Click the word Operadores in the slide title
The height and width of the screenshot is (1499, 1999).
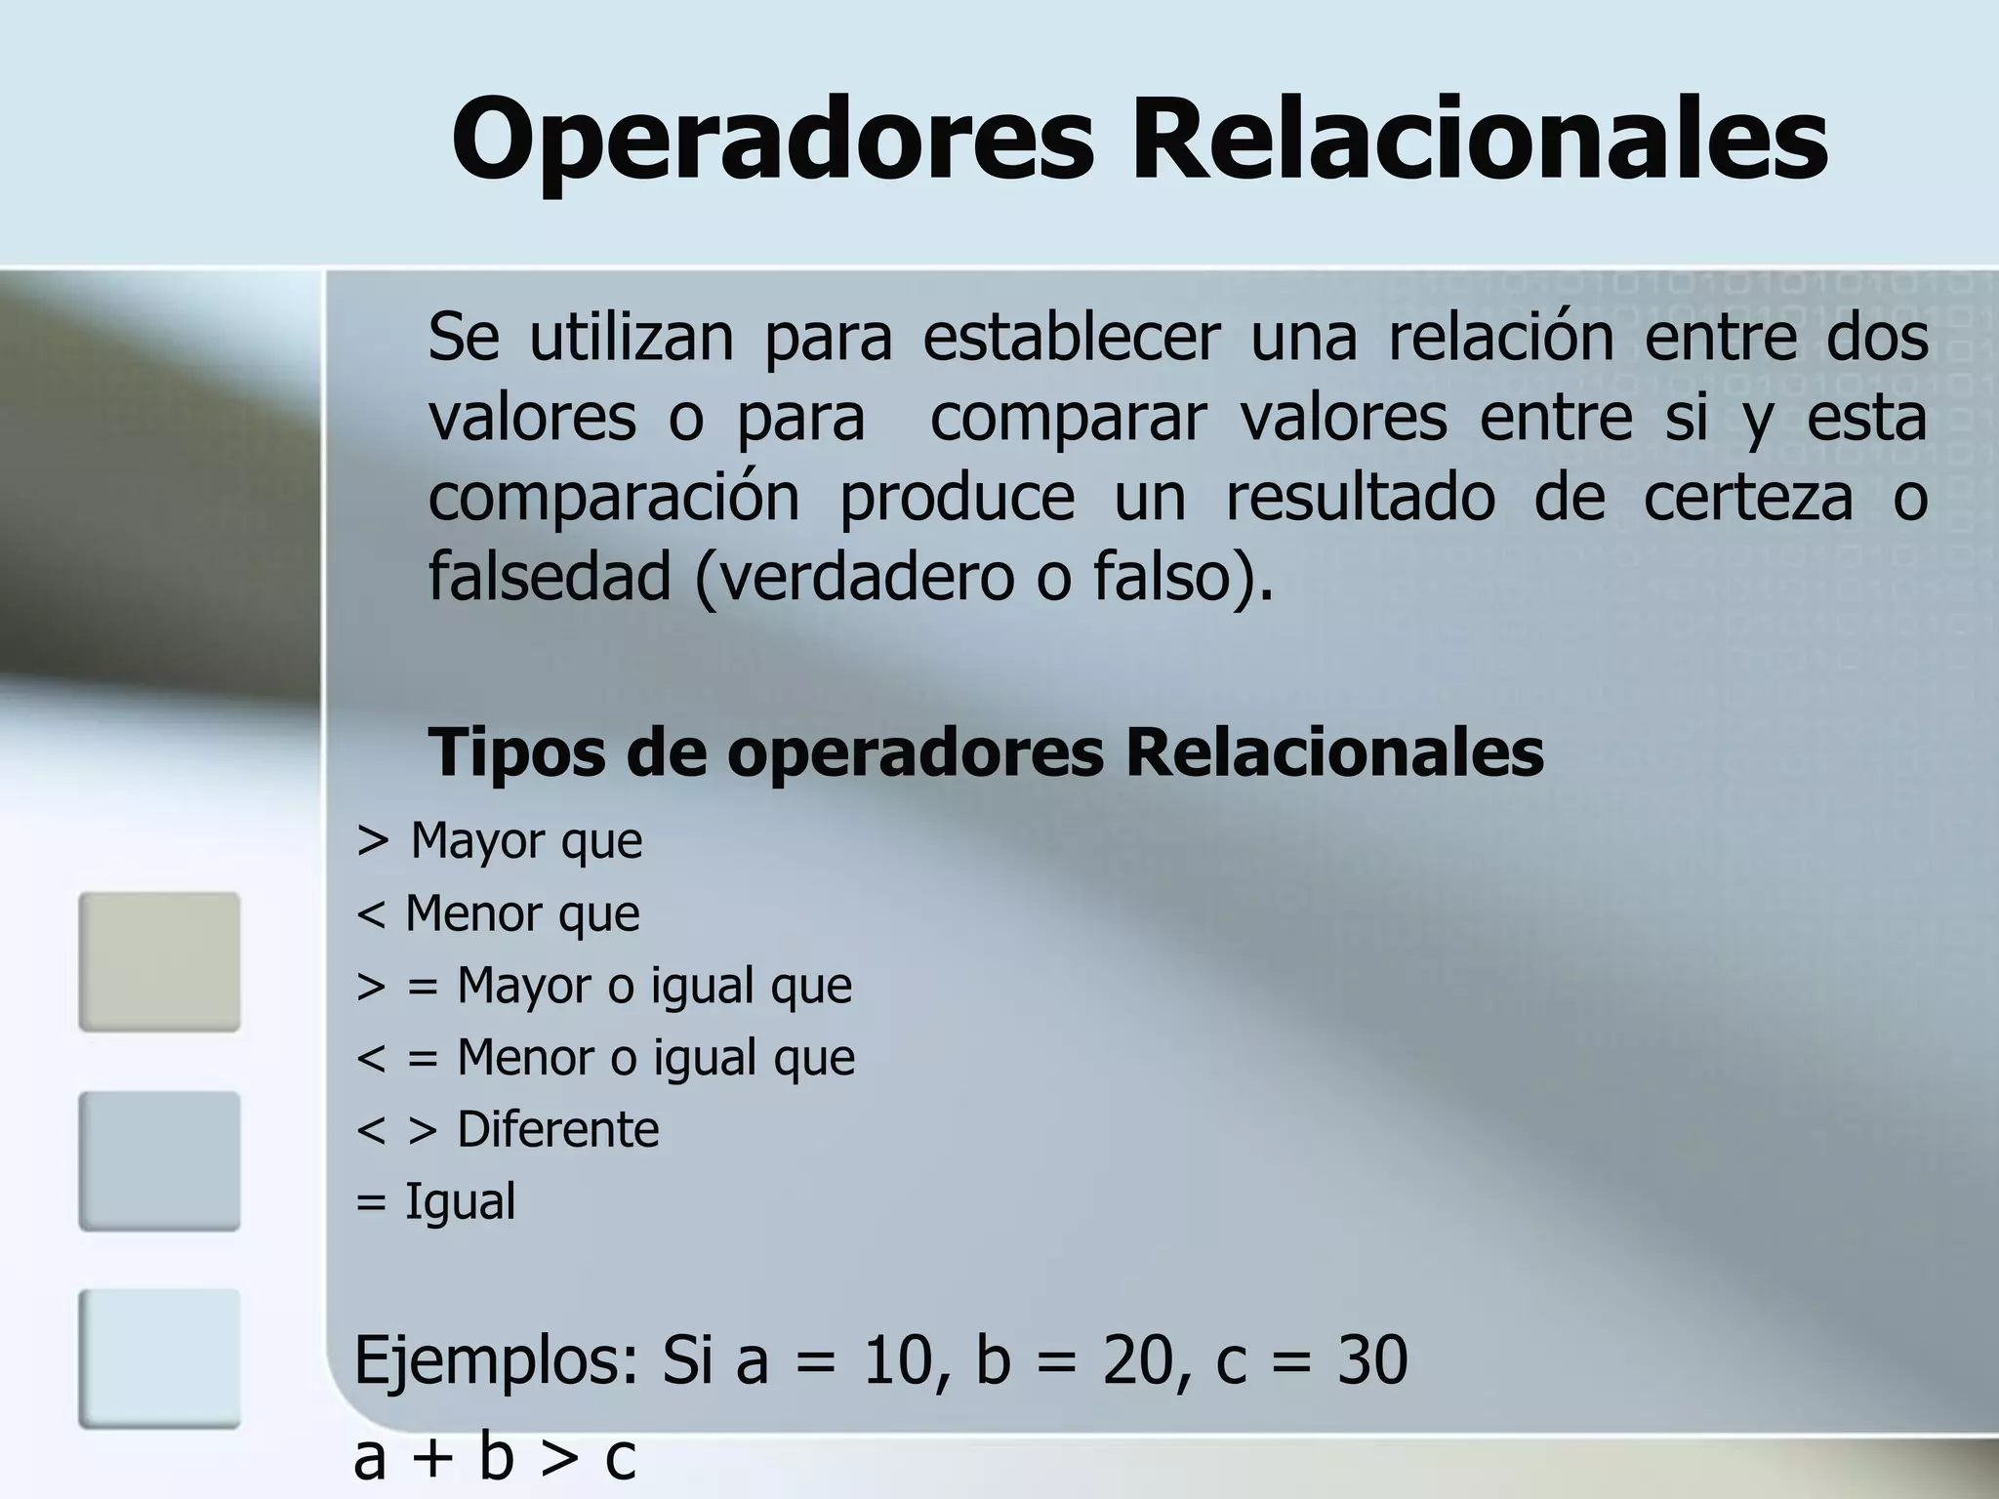pos(772,140)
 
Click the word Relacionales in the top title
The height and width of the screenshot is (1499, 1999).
pos(1479,140)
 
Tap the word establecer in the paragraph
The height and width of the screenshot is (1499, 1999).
pos(1071,337)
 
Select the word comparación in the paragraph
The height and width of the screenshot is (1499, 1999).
pos(614,497)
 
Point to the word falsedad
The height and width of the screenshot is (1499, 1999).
pos(550,577)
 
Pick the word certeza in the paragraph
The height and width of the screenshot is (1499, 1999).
pos(1747,497)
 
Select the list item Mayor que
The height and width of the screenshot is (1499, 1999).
pos(526,841)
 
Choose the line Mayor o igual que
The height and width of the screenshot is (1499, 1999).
pos(654,986)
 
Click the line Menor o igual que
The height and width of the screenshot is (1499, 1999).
pos(656,1058)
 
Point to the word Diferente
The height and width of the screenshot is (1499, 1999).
pos(557,1130)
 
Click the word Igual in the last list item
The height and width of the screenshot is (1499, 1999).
pos(460,1201)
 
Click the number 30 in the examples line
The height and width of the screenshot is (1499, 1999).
pos(1372,1360)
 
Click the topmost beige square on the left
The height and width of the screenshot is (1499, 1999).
pos(159,961)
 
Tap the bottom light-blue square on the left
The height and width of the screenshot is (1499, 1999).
pos(159,1358)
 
